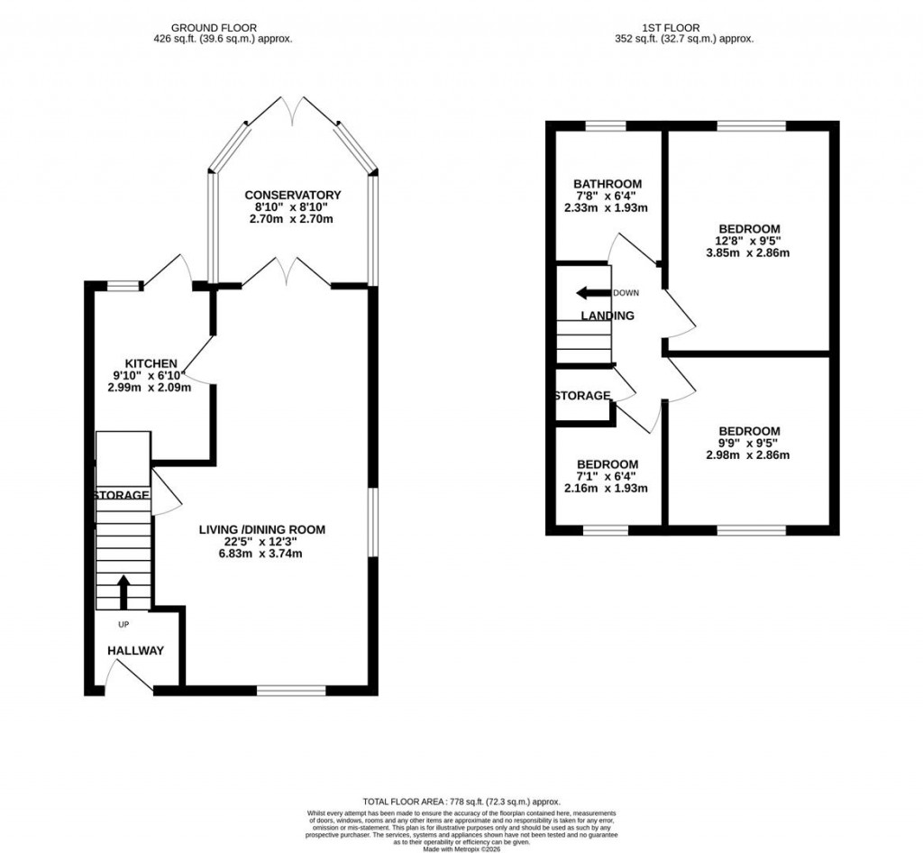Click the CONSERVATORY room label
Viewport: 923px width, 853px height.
(292, 195)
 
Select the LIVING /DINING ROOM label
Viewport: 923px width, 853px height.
(261, 529)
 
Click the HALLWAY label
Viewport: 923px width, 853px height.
(136, 650)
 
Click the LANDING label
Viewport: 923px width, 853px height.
(607, 316)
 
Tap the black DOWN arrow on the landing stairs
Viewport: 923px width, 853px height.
(593, 293)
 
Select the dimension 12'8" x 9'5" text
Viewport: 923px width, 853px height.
(748, 241)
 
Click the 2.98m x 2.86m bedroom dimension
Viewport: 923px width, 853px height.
(748, 455)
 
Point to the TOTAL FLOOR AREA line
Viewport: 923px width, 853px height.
(461, 802)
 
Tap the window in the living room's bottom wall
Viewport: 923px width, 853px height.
(290, 691)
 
